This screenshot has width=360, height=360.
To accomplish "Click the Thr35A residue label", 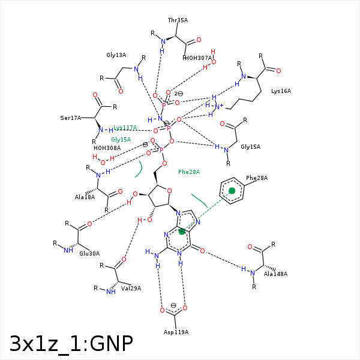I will pyautogui.click(x=178, y=20).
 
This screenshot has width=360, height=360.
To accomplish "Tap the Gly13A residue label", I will pyautogui.click(x=116, y=55).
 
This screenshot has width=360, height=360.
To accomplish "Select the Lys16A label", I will pyautogui.click(x=281, y=91).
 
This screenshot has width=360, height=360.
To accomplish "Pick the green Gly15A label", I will pyautogui.click(x=121, y=139).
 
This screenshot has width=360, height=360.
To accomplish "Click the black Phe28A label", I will pyautogui.click(x=257, y=178).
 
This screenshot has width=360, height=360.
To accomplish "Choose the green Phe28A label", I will pyautogui.click(x=189, y=172).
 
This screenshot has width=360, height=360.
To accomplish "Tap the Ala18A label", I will pyautogui.click(x=85, y=197).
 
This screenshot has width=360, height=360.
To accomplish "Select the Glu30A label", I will pyautogui.click(x=89, y=254).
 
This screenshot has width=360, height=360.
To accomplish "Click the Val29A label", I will pyautogui.click(x=131, y=289).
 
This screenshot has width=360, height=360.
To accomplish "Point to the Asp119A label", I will pyautogui.click(x=176, y=332).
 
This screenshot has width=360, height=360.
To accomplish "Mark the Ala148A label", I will pyautogui.click(x=275, y=274).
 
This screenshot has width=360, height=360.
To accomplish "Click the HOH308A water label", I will pyautogui.click(x=107, y=148).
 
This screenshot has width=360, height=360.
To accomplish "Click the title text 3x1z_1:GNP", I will pyautogui.click(x=71, y=343).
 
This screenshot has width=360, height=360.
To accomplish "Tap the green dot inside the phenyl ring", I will pyautogui.click(x=232, y=191).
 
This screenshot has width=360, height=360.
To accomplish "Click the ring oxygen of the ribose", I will pyautogui.click(x=169, y=191).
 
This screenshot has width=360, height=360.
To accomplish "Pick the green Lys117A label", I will pyautogui.click(x=125, y=128).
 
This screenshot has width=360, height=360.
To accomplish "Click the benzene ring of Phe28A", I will pyautogui.click(x=232, y=191).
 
